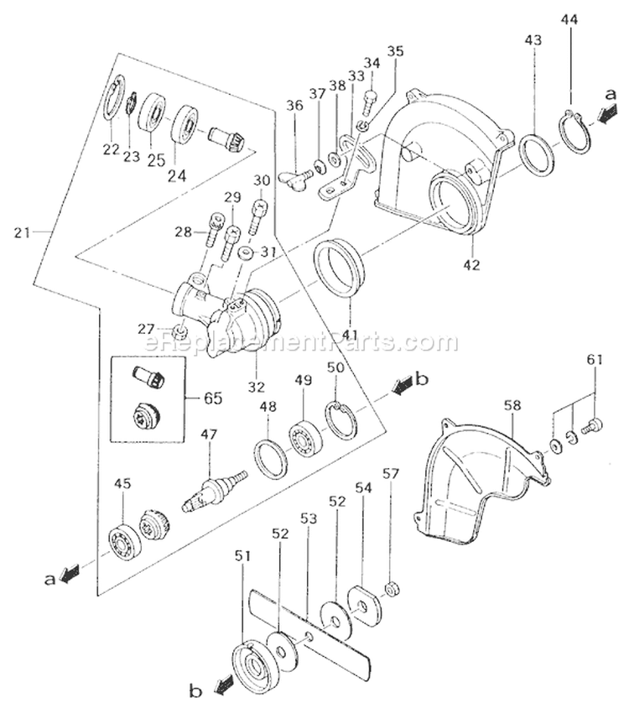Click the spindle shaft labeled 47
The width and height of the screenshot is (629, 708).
[x=213, y=492]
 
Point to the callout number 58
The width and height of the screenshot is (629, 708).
[x=512, y=405]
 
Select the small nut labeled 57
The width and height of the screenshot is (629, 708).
[x=390, y=588]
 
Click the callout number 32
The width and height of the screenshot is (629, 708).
[x=255, y=387]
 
